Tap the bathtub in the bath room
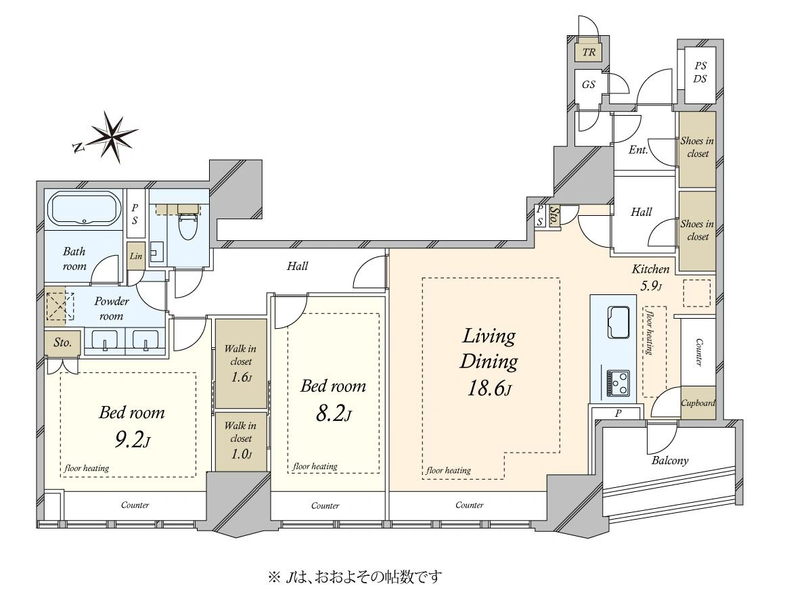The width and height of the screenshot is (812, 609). point(85,208)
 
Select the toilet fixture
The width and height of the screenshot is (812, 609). point(188,223)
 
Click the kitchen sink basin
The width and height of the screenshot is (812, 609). point(618,322)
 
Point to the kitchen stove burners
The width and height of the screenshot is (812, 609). point(618,383)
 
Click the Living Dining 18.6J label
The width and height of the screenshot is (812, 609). point(489,362)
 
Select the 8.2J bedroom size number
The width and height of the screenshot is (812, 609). point(333,413)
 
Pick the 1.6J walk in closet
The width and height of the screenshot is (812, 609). point(241,363)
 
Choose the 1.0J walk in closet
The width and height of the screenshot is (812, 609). point(241,442)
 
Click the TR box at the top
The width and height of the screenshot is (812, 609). point(589,52)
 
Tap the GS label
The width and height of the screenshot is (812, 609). point(588,85)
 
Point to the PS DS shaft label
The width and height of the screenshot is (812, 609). point(700,72)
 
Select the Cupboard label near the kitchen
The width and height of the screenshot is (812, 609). point(698,403)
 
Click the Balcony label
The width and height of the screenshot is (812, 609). point(670,461)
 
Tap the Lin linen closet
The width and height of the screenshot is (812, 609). point(136,256)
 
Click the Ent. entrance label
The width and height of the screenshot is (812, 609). point(639,150)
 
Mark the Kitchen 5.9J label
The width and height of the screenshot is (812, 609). point(650,277)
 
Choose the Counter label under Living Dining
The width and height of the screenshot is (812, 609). point(470,505)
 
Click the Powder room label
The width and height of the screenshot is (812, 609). point(112,309)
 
